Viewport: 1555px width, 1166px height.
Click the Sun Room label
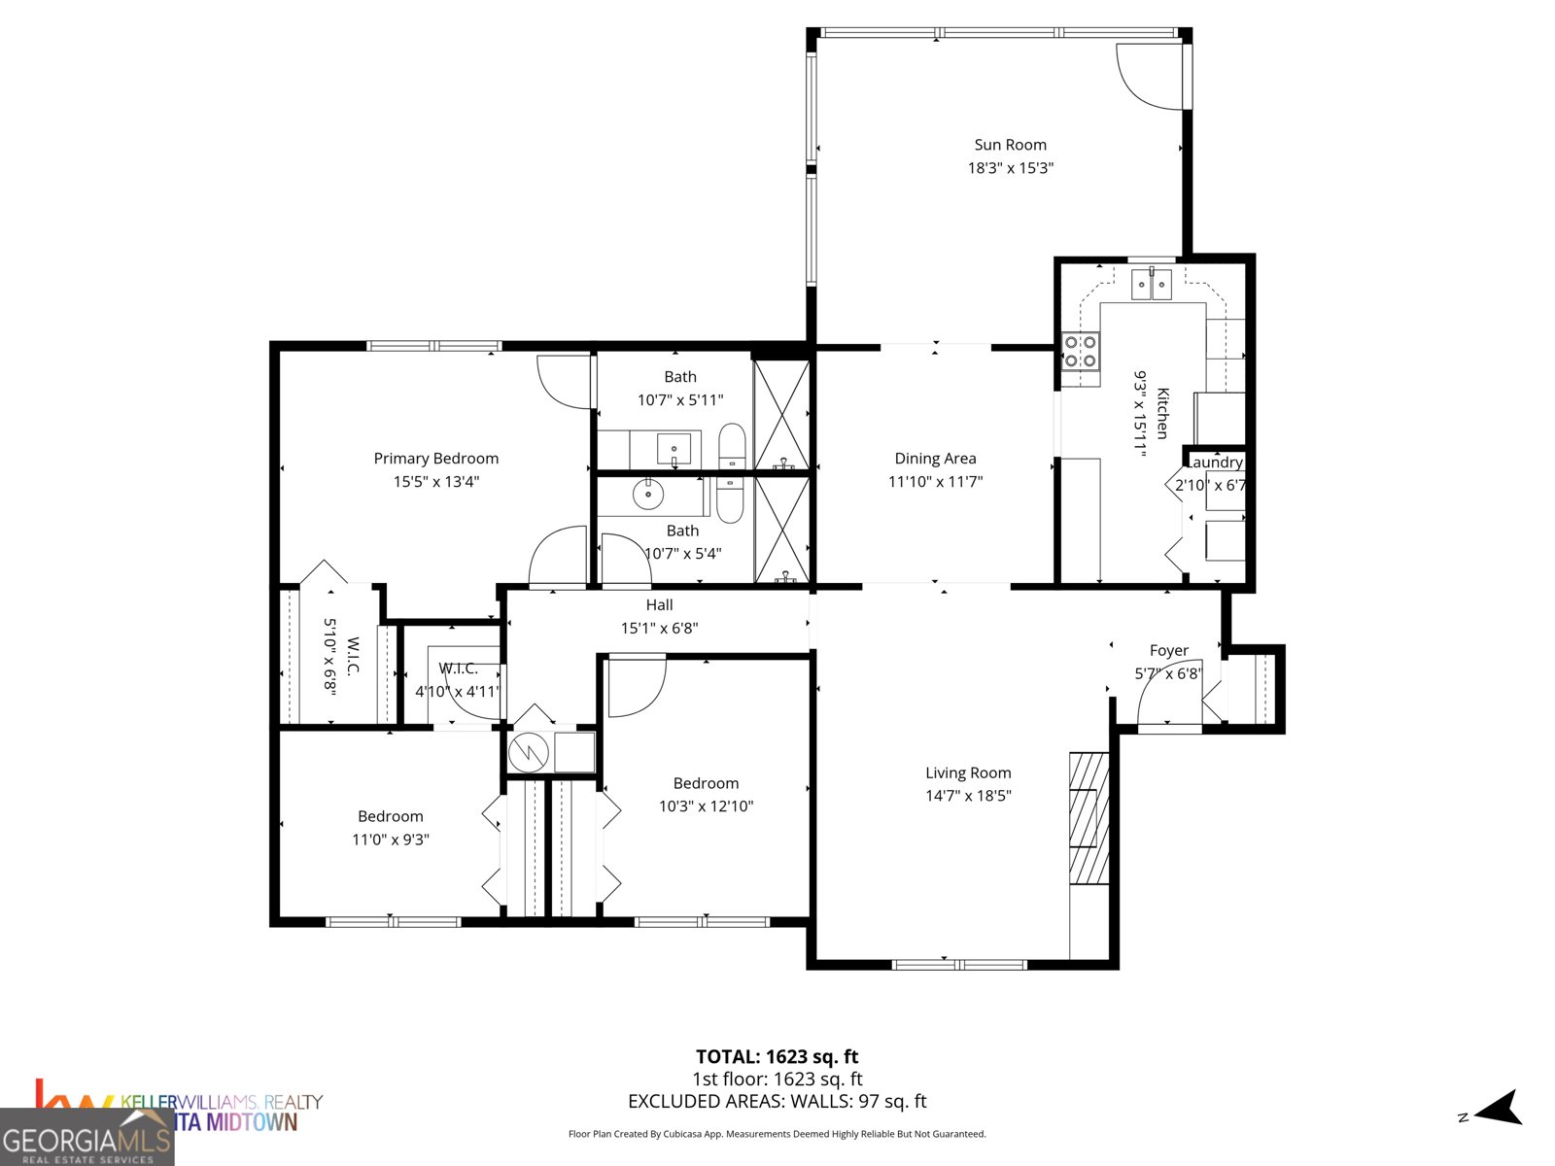click(x=1010, y=145)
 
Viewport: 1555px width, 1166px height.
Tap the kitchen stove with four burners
click(x=1080, y=352)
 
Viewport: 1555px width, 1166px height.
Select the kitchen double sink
click(x=1152, y=285)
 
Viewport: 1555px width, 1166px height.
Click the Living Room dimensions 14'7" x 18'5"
click(x=968, y=796)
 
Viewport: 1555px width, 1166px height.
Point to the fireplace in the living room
click(x=1088, y=818)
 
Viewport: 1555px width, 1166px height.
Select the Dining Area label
click(x=935, y=459)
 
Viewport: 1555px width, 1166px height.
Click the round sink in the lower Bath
click(x=647, y=496)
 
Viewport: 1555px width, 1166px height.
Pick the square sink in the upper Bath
click(x=674, y=449)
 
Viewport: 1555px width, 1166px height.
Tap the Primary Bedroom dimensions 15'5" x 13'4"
click(x=436, y=482)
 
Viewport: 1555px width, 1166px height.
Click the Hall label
click(x=659, y=605)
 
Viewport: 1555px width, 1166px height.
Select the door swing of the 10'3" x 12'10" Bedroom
click(x=635, y=686)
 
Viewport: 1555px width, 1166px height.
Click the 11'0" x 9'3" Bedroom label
click(x=391, y=817)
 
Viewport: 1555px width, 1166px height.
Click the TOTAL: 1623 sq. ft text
click(x=777, y=1056)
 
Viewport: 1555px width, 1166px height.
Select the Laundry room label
click(x=1215, y=463)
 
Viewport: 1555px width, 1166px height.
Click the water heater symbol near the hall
click(x=529, y=751)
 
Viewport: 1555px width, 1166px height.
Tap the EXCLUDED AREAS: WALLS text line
click(x=777, y=1102)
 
